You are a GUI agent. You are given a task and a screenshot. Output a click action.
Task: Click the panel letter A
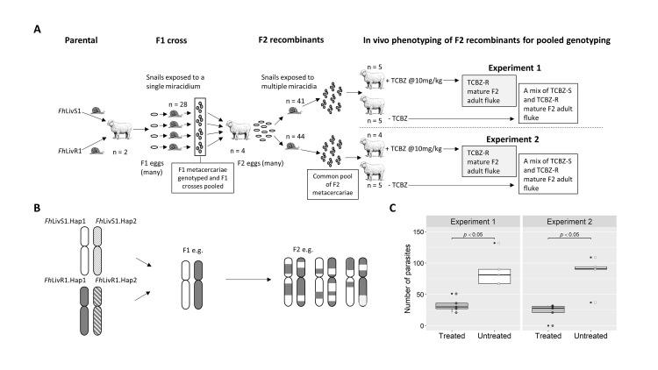tap(36, 29)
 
